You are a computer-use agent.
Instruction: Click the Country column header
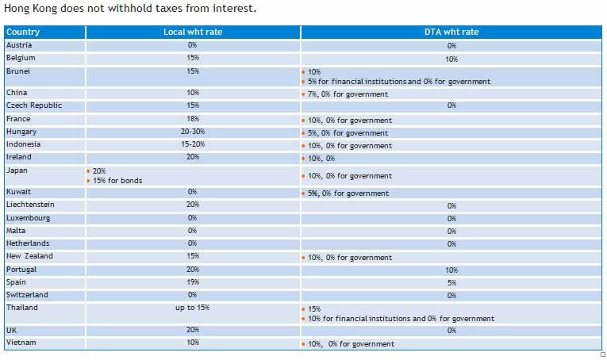[x=23, y=33]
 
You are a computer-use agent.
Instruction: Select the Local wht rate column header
[x=193, y=33]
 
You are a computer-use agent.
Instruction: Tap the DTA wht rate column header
[x=451, y=33]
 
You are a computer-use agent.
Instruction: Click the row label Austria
[x=19, y=45]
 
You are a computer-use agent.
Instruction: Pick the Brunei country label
[x=18, y=71]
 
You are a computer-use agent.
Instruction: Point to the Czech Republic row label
[x=34, y=105]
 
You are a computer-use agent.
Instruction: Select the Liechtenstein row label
[x=30, y=205]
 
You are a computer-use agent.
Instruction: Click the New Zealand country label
[x=29, y=256]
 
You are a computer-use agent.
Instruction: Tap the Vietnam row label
[x=21, y=343]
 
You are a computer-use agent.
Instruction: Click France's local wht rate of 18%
[x=193, y=119]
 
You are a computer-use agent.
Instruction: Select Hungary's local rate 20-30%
[x=193, y=132]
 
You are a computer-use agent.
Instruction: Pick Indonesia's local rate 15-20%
[x=193, y=144]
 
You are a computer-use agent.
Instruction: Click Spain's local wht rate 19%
[x=193, y=282]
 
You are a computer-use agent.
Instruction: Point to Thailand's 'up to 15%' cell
[x=193, y=308]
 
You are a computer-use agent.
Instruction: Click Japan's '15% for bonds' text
[x=118, y=181]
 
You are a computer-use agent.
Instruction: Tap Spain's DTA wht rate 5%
[x=451, y=282]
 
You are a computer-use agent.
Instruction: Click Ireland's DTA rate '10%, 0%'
[x=322, y=159]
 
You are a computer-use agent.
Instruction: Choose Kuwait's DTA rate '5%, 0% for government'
[x=348, y=193]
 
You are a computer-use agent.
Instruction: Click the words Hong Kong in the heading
[x=29, y=9]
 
